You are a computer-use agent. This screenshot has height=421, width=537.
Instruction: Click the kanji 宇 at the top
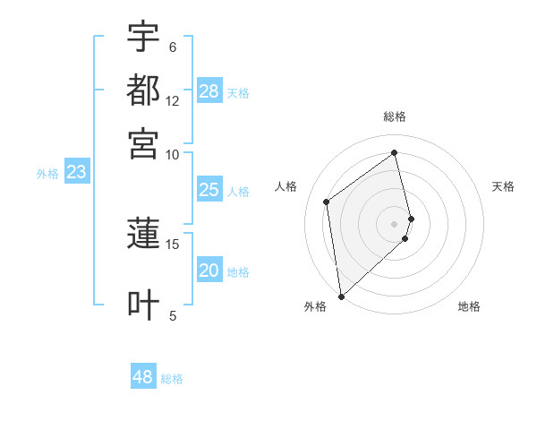(x=143, y=37)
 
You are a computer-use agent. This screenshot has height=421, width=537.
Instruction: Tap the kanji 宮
(x=143, y=143)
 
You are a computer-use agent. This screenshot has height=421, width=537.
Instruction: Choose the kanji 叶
(x=143, y=305)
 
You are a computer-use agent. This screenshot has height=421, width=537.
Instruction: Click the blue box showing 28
(x=209, y=91)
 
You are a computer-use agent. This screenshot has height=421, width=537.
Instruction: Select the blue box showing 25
(x=209, y=190)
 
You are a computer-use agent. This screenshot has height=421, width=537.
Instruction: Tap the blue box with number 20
(x=209, y=271)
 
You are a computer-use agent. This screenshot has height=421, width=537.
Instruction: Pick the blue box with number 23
(x=76, y=172)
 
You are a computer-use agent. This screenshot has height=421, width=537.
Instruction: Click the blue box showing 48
(x=143, y=377)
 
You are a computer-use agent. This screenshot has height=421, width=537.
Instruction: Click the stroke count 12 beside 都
(x=173, y=100)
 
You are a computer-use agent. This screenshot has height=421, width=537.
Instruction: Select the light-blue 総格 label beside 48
(x=172, y=379)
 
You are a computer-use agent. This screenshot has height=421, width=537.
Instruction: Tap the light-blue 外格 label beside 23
(x=47, y=174)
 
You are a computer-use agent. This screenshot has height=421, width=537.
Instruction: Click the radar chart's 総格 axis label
(x=395, y=117)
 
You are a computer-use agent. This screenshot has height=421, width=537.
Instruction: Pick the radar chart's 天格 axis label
(x=504, y=186)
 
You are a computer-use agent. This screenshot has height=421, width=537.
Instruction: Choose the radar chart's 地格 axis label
(x=469, y=306)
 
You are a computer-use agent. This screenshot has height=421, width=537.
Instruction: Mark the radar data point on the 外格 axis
(x=341, y=296)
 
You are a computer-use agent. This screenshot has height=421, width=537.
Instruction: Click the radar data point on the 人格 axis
(x=327, y=202)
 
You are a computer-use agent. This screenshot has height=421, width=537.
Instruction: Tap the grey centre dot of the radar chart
(x=395, y=223)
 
